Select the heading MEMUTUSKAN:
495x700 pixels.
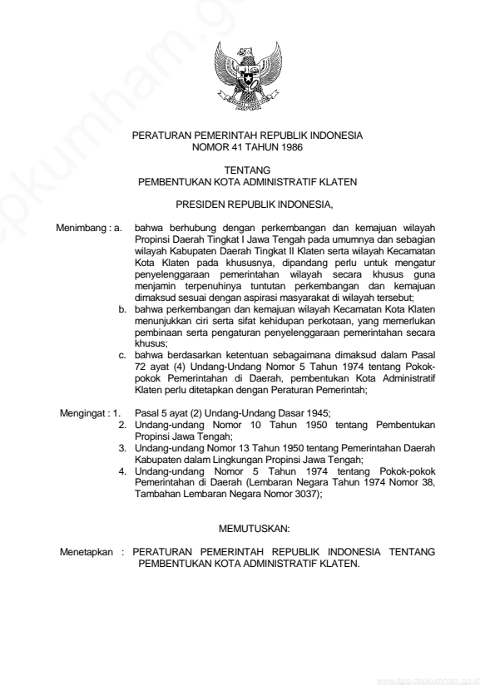point(248,529)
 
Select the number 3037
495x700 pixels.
point(306,493)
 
